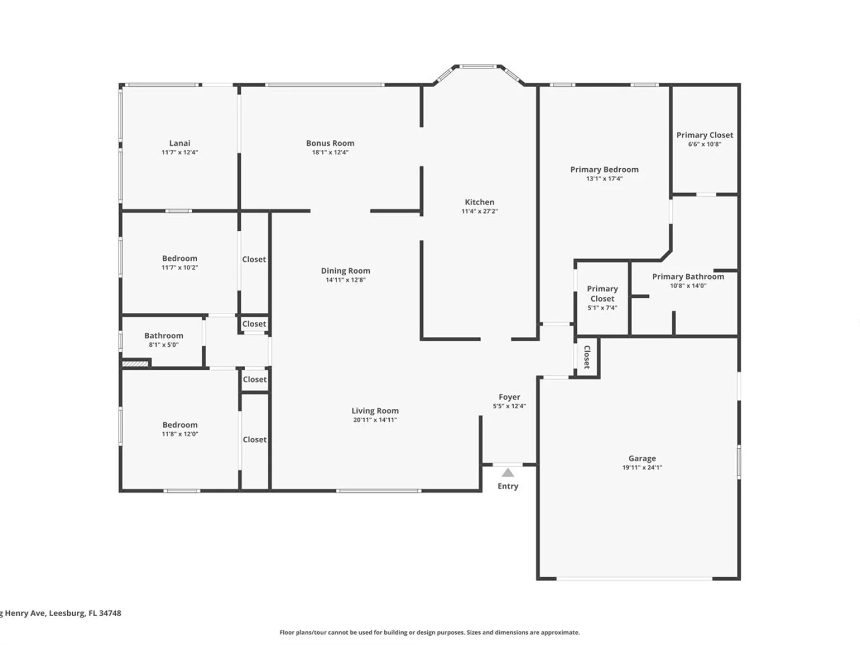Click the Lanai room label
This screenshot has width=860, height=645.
tap(180, 144)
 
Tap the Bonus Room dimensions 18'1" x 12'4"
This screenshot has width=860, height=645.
tap(330, 152)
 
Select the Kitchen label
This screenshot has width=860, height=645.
tap(479, 202)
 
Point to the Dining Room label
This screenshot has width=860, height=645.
tap(345, 271)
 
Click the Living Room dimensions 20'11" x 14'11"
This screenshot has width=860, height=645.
tap(375, 420)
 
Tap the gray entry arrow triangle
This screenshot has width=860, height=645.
tap(508, 472)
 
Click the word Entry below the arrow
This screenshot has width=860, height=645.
tap(508, 486)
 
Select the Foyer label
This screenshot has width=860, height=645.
tap(510, 397)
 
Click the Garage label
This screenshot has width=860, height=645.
tap(642, 458)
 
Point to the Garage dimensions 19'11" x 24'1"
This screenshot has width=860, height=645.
tap(642, 467)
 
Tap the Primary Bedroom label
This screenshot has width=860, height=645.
tap(604, 169)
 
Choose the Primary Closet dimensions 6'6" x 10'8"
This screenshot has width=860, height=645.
tap(705, 144)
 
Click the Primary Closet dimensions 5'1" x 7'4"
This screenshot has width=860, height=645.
tap(602, 308)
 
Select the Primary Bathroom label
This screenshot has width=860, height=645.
tap(688, 277)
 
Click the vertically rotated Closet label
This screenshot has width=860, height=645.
tap(586, 357)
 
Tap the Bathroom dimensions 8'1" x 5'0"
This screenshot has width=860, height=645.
tap(163, 345)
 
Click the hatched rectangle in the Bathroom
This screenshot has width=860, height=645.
tap(135, 364)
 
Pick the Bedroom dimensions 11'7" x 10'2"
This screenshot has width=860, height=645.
tap(180, 268)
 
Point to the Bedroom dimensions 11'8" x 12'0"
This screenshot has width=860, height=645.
tap(180, 434)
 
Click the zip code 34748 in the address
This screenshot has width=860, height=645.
tap(110, 613)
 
